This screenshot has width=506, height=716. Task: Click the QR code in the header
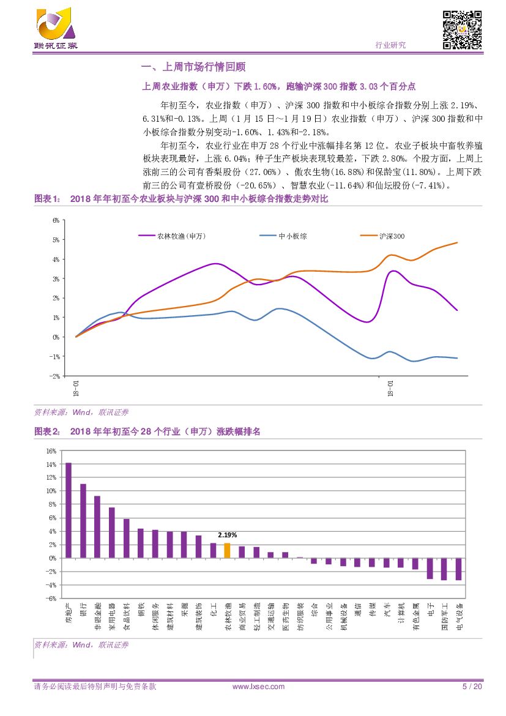click(462, 31)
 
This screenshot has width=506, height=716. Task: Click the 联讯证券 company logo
click(56, 29)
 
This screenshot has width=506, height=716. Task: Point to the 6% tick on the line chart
click(56, 220)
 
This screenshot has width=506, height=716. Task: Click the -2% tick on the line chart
click(55, 376)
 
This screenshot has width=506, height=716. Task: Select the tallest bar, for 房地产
click(69, 510)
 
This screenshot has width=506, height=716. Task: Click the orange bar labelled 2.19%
click(227, 550)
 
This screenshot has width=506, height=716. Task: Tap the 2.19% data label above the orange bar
click(227, 535)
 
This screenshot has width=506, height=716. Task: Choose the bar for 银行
click(83, 521)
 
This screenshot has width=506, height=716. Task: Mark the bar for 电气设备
click(458, 569)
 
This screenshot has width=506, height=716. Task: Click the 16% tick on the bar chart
click(51, 450)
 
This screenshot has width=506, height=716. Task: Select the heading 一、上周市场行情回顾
click(193, 67)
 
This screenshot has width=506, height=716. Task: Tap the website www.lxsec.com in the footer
click(258, 686)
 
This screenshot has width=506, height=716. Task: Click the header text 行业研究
click(390, 45)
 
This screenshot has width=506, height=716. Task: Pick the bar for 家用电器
click(112, 532)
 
